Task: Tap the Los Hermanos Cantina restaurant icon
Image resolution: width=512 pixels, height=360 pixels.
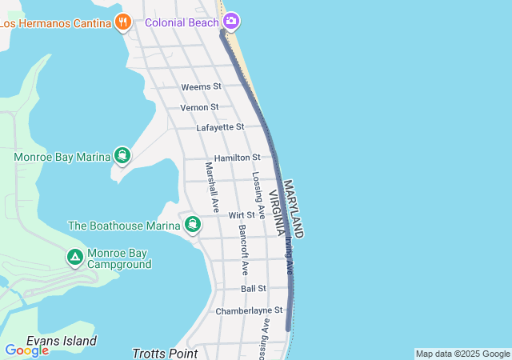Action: (x=122, y=22)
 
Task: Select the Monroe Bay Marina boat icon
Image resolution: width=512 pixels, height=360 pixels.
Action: (x=122, y=155)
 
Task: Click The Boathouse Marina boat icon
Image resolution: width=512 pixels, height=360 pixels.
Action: (x=192, y=225)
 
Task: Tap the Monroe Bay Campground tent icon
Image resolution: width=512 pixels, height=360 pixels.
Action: (x=74, y=258)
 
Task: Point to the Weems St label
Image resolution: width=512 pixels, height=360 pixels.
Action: (x=201, y=86)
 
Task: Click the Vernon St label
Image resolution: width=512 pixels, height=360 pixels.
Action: (x=199, y=107)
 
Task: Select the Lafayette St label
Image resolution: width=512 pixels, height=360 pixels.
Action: (x=220, y=127)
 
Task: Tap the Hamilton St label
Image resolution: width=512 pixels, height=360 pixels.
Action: (x=237, y=158)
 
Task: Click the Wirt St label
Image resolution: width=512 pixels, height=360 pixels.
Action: (x=241, y=215)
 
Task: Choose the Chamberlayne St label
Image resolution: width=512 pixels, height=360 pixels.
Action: (x=249, y=310)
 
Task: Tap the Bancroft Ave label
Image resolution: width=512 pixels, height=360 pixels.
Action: (x=243, y=250)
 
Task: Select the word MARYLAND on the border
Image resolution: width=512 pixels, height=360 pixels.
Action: (x=293, y=208)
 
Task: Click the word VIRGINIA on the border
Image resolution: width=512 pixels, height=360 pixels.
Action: (x=276, y=214)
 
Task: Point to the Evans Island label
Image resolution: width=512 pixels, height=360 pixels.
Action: (x=62, y=341)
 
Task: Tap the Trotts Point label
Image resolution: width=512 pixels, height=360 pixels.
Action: (x=165, y=353)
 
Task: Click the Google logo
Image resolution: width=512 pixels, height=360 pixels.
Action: (x=26, y=350)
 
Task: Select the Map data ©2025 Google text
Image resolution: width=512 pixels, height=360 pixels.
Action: (x=462, y=354)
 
